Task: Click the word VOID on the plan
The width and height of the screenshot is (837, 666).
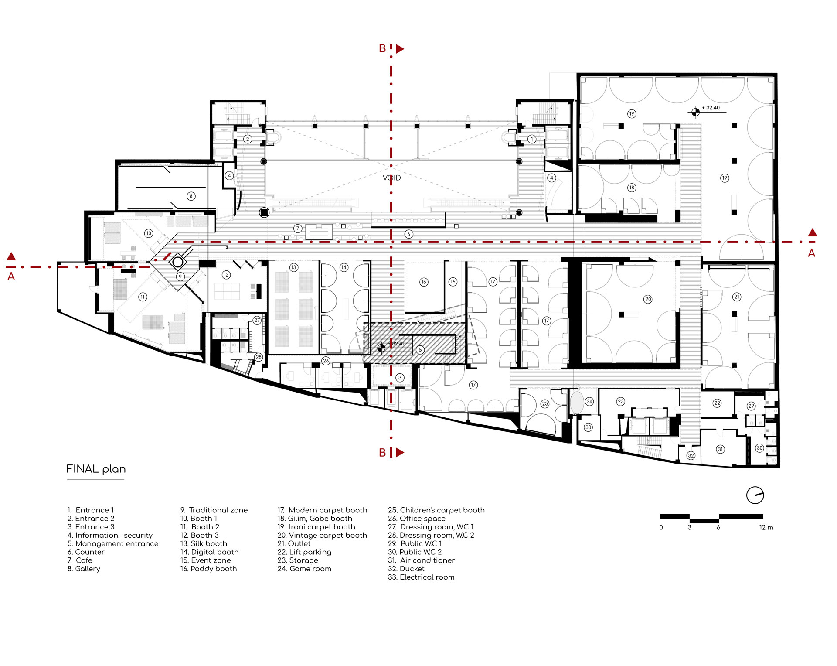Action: pyautogui.click(x=391, y=178)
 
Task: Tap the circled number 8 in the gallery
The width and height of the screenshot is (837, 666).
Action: pyautogui.click(x=191, y=196)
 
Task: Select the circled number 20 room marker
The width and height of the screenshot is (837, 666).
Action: pyautogui.click(x=648, y=299)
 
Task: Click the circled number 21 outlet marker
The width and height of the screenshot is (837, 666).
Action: pyautogui.click(x=737, y=297)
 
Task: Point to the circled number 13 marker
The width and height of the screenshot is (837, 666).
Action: pyautogui.click(x=294, y=267)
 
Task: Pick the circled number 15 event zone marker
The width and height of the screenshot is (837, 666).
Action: pyautogui.click(x=424, y=282)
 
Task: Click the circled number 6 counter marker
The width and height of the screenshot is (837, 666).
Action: pyautogui.click(x=408, y=234)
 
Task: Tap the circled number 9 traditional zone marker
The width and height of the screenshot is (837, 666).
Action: pyautogui.click(x=180, y=277)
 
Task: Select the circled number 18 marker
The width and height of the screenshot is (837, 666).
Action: pyautogui.click(x=632, y=188)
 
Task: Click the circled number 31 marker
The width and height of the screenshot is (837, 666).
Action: pyautogui.click(x=720, y=449)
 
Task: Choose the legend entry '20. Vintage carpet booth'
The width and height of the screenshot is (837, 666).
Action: pyautogui.click(x=322, y=535)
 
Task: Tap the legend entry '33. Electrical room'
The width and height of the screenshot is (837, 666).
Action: pyautogui.click(x=421, y=577)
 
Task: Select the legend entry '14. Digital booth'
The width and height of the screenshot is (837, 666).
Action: pyautogui.click(x=209, y=552)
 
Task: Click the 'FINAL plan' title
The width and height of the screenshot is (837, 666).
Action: pyautogui.click(x=96, y=469)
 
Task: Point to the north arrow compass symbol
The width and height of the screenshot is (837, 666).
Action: pyautogui.click(x=755, y=495)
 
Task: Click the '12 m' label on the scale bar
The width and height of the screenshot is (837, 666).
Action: pyautogui.click(x=766, y=528)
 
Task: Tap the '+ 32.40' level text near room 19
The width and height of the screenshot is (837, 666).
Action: pyautogui.click(x=711, y=108)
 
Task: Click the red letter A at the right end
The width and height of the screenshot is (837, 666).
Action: pyautogui.click(x=811, y=253)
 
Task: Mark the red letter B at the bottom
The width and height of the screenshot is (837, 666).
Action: pyautogui.click(x=382, y=453)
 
